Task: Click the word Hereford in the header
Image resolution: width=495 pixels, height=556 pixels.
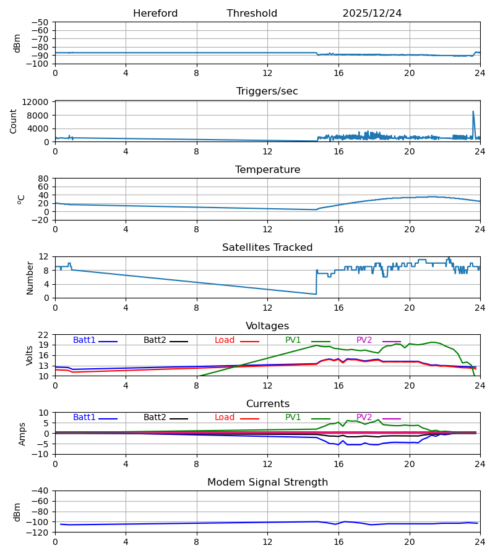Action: pos(155,14)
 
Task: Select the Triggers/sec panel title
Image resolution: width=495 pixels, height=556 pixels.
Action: pos(267,91)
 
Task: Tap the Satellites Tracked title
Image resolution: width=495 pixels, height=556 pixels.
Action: pos(267,248)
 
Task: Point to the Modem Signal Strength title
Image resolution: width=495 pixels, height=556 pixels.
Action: pos(267,482)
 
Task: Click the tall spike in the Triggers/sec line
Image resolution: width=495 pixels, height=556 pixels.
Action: pos(473,113)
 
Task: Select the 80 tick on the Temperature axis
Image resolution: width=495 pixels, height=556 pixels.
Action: pos(43,179)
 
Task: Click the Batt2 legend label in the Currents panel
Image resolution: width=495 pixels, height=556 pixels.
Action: pos(155,418)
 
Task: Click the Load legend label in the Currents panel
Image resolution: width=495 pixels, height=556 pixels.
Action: pos(225,418)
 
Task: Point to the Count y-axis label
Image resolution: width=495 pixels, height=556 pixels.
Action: pos(13,121)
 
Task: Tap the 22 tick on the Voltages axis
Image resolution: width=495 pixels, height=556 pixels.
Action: pos(43,335)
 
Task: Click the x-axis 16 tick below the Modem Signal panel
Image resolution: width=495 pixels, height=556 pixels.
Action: pos(338,542)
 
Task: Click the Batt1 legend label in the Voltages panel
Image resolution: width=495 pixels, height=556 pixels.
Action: pos(84,340)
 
